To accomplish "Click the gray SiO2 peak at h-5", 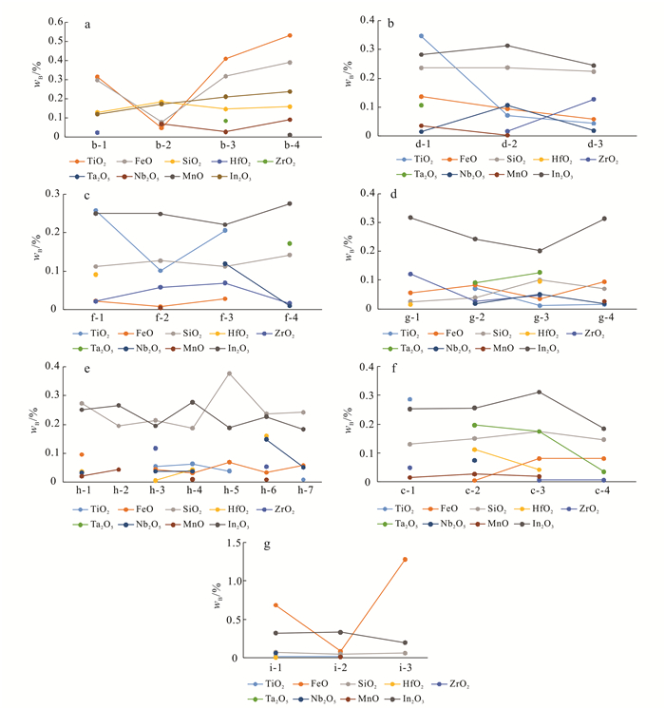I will tap(229, 374).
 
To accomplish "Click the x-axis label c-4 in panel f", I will tap(602, 491).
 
